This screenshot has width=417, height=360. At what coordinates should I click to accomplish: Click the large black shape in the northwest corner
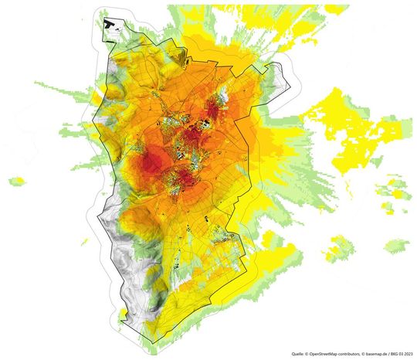pos(112,25)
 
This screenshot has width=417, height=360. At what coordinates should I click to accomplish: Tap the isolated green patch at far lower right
pos(397,246)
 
